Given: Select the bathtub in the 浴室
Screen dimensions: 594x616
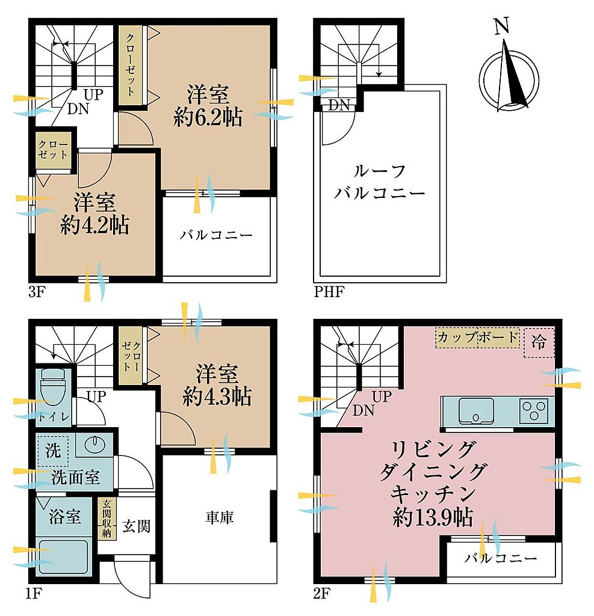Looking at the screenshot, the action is coord(64,557).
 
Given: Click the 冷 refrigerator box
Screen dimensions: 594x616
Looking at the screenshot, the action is coord(539,342).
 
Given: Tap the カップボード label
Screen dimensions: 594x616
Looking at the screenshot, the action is coord(477,337).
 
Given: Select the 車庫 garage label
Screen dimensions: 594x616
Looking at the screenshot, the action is coord(219,517).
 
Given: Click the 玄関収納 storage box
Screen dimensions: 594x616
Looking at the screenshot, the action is coord(106,519).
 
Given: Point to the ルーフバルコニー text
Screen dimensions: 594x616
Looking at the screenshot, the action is coord(379,182).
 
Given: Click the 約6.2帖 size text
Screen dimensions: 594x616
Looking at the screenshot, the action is coord(208,117).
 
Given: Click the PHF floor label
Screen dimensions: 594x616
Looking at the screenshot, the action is coord(329,292).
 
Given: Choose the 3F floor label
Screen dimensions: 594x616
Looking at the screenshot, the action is coord(37,292).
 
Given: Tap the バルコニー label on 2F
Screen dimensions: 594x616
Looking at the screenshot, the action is coord(501,558).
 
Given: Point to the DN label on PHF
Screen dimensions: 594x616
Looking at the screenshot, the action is coord(339,105).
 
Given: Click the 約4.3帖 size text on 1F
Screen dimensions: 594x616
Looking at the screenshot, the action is coord(217,396).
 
